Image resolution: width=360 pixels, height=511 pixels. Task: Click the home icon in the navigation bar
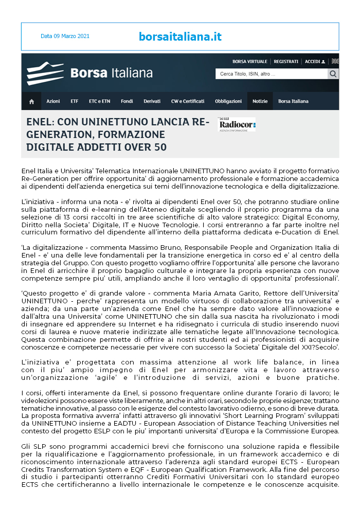[31, 101]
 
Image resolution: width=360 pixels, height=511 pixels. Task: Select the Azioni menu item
[53, 101]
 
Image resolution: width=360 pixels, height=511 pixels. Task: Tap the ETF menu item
[75, 101]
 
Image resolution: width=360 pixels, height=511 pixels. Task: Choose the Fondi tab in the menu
[127, 101]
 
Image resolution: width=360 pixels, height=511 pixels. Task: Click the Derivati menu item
[152, 101]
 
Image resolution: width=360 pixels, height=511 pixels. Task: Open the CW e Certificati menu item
[188, 101]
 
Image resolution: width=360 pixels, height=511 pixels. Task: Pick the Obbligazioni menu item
[228, 101]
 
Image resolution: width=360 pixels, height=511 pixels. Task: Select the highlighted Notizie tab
[260, 101]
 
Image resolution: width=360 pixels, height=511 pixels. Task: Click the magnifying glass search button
[333, 74]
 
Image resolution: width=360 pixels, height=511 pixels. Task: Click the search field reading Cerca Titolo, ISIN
[271, 74]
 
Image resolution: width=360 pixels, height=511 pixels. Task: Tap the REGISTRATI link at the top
[286, 62]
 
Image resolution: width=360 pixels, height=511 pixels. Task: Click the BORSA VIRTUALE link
[250, 62]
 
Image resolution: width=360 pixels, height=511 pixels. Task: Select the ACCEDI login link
[315, 62]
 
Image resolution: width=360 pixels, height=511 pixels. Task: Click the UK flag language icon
[335, 61]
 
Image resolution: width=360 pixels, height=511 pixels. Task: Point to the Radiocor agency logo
[236, 124]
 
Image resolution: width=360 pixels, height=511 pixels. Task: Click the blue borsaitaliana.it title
[180, 36]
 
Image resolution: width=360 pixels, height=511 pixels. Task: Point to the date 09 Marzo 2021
[65, 36]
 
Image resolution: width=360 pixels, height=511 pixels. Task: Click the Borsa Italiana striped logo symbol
[45, 72]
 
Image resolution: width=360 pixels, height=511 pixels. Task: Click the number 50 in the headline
[159, 147]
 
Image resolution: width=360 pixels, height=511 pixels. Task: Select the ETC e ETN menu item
[99, 101]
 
